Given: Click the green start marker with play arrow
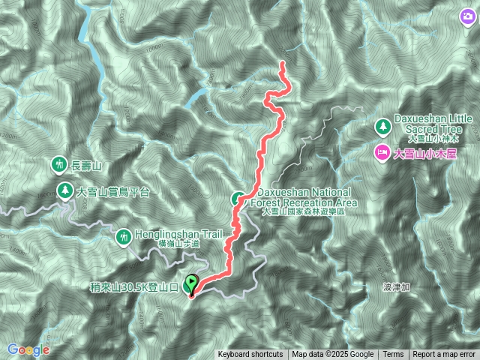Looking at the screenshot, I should [191, 285].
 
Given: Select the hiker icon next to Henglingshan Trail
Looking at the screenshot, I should [123, 238].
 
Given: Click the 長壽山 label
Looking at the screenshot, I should [85, 164].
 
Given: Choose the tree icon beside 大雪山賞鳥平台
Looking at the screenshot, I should [65, 191].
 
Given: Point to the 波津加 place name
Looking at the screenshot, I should [397, 286].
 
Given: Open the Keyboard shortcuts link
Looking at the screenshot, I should [250, 355].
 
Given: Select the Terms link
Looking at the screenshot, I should [393, 355].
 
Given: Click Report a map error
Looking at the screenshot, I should [444, 355].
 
